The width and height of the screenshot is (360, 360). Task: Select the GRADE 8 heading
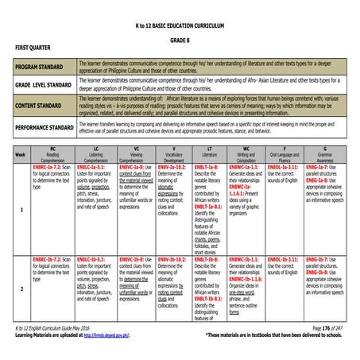(179, 41)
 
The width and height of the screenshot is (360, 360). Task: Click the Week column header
(20, 154)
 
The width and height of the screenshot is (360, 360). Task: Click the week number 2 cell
(21, 289)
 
